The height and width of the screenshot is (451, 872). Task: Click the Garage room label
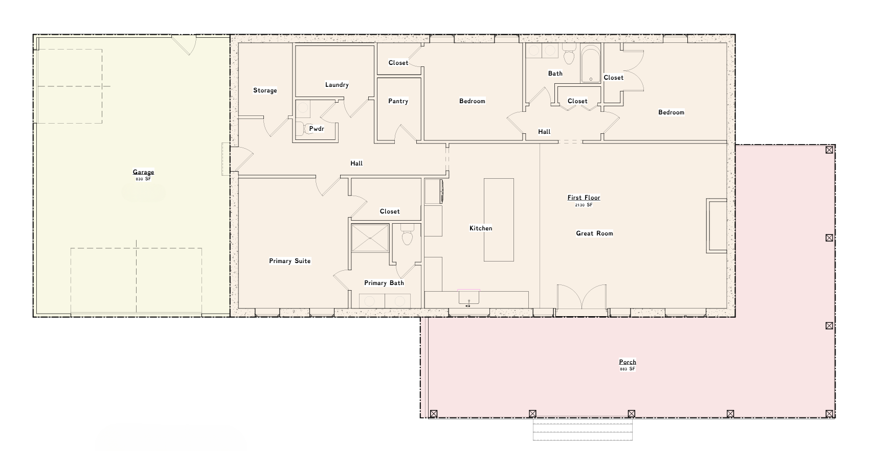pyautogui.click(x=143, y=172)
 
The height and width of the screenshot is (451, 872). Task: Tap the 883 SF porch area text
pyautogui.click(x=627, y=369)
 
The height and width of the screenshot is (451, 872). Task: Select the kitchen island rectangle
pyautogui.click(x=499, y=220)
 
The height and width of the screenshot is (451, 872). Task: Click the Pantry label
pyautogui.click(x=398, y=101)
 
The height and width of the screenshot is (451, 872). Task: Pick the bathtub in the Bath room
pyautogui.click(x=591, y=64)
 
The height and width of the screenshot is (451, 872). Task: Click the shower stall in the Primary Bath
pyautogui.click(x=370, y=238)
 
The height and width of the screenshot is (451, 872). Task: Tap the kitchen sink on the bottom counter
pyautogui.click(x=468, y=297)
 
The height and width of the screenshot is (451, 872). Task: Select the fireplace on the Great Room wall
pyautogui.click(x=717, y=226)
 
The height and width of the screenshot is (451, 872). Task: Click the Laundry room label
pyautogui.click(x=337, y=85)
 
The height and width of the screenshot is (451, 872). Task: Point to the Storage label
pyautogui.click(x=265, y=90)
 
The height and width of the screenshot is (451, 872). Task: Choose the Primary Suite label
pyautogui.click(x=289, y=261)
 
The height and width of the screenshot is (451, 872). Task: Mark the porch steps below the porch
pyautogui.click(x=583, y=429)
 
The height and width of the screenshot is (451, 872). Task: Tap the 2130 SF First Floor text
pyautogui.click(x=584, y=205)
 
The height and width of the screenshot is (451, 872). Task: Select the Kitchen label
pyautogui.click(x=481, y=228)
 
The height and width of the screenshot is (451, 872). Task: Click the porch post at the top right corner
pyautogui.click(x=829, y=150)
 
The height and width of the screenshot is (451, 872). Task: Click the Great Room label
pyautogui.click(x=594, y=233)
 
